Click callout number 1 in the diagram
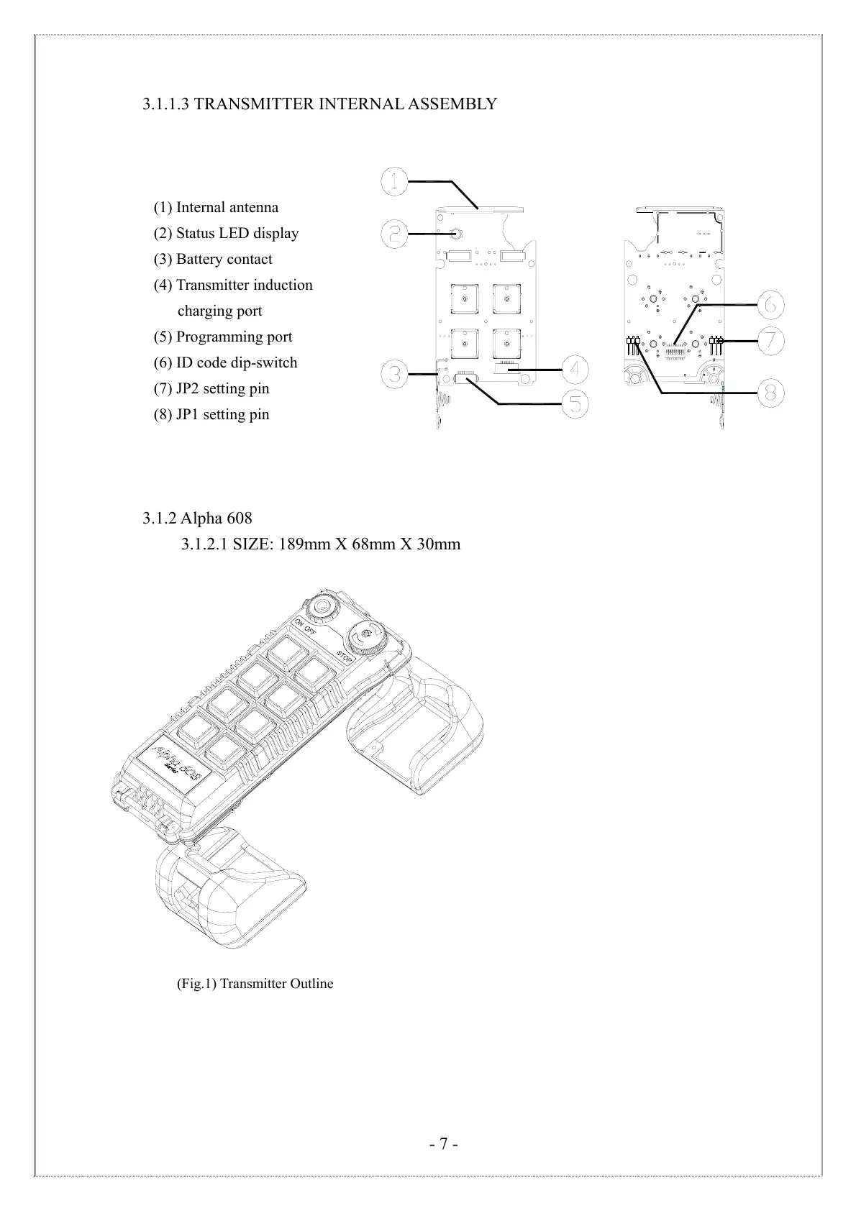point(395,181)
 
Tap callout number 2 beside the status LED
point(395,233)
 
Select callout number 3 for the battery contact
point(395,373)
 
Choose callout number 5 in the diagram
point(575,403)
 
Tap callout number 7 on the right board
point(770,339)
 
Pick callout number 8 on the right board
point(770,392)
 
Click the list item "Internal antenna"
point(216,208)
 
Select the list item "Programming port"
point(223,337)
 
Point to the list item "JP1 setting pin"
point(211,415)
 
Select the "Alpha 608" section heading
point(197,518)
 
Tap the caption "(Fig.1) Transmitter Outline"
point(255,984)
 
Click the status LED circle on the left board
point(455,233)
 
